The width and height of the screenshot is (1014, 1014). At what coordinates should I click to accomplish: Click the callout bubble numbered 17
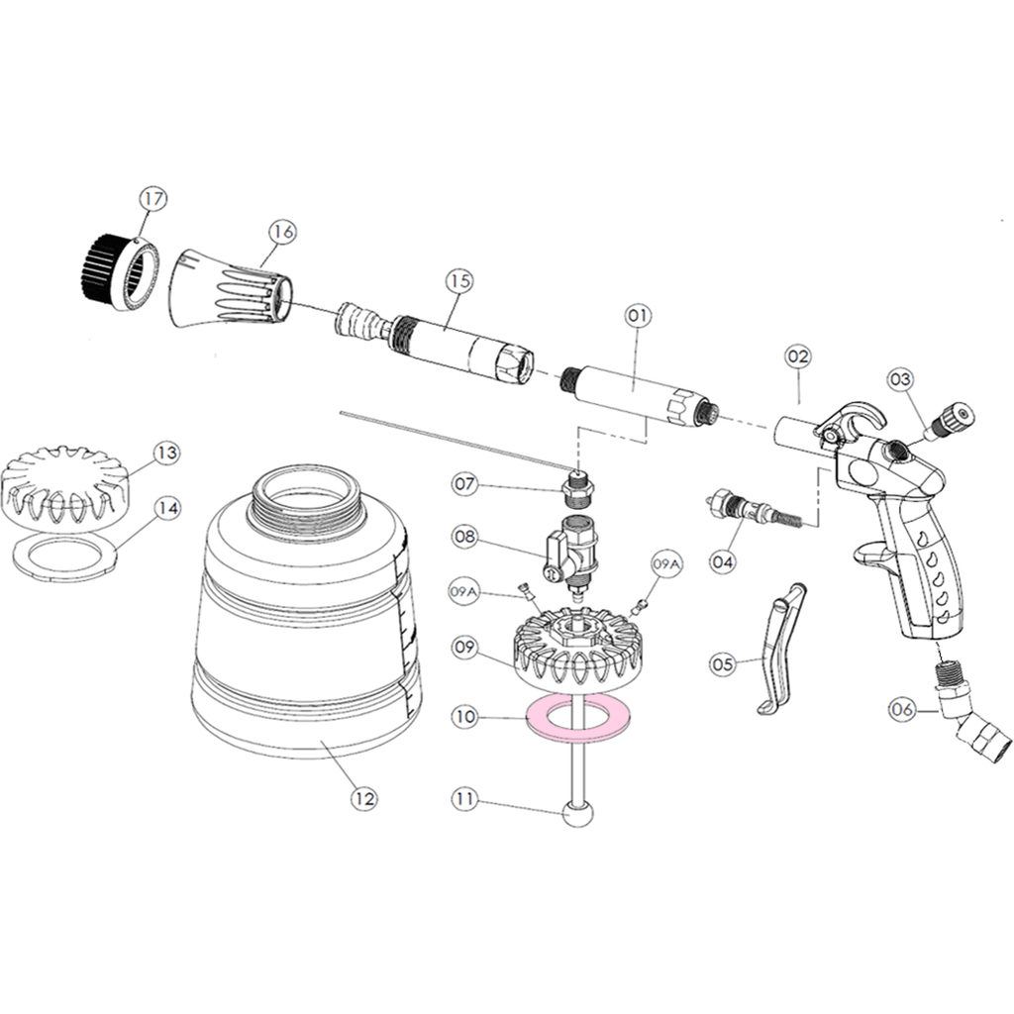tap(152, 199)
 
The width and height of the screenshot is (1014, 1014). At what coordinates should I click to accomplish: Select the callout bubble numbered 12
tap(364, 799)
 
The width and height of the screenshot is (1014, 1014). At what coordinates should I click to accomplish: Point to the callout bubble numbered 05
tap(722, 664)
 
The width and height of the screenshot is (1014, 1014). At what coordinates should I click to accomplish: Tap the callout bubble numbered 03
tap(900, 379)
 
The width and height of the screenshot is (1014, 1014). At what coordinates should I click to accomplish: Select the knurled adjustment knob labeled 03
tap(951, 419)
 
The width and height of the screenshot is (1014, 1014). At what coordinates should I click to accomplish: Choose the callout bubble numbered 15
tap(459, 281)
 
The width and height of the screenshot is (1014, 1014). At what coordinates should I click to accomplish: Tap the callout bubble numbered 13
tap(166, 453)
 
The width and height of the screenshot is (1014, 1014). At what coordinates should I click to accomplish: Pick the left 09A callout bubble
tap(463, 592)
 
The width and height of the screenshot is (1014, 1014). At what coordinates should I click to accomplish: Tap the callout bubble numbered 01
tap(638, 316)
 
